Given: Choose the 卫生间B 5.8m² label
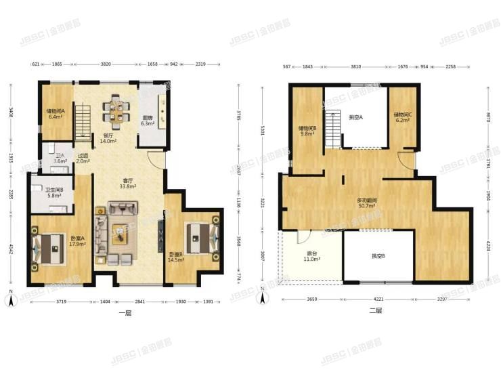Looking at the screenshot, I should click(54, 193).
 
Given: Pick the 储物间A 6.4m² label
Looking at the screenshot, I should click(56, 114).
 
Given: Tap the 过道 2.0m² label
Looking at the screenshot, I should click(83, 159).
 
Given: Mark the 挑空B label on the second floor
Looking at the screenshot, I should click(378, 256).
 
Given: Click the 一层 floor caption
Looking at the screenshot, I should click(124, 312).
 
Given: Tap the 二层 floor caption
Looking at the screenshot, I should click(376, 310).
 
